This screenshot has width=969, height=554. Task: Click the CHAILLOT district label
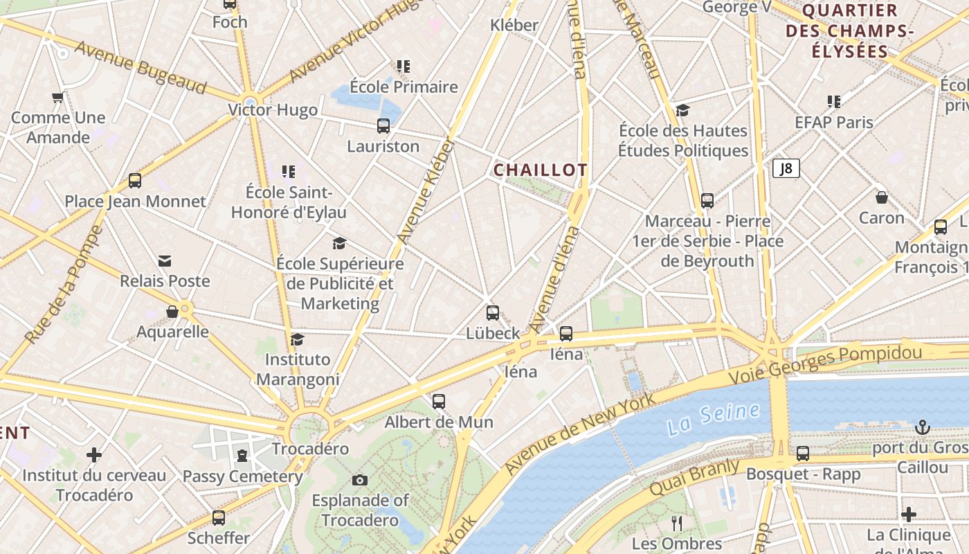tap(541, 170)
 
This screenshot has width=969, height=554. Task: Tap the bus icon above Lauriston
tap(383, 126)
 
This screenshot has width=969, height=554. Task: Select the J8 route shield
tap(786, 168)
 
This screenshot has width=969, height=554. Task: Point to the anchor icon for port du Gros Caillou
tap(922, 427)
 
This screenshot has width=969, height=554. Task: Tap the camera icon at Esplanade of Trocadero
tap(360, 480)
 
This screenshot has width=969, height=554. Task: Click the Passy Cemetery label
tap(242, 476)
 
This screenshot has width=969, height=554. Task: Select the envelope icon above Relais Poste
tap(165, 261)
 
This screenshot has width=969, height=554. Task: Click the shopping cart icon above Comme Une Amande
tap(58, 98)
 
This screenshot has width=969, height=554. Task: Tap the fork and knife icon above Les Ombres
tap(677, 523)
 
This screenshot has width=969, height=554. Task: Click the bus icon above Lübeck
tap(493, 313)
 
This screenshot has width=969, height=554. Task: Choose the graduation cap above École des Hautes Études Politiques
tap(683, 111)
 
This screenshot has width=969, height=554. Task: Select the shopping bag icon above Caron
tap(882, 198)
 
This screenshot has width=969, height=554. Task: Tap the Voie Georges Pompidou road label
tap(826, 364)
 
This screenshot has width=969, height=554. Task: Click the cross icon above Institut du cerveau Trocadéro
tap(94, 455)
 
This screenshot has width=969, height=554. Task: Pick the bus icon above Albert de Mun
tap(439, 402)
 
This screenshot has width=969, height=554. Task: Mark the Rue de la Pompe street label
tap(64, 284)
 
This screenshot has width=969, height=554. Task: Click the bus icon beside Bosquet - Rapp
tap(803, 454)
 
